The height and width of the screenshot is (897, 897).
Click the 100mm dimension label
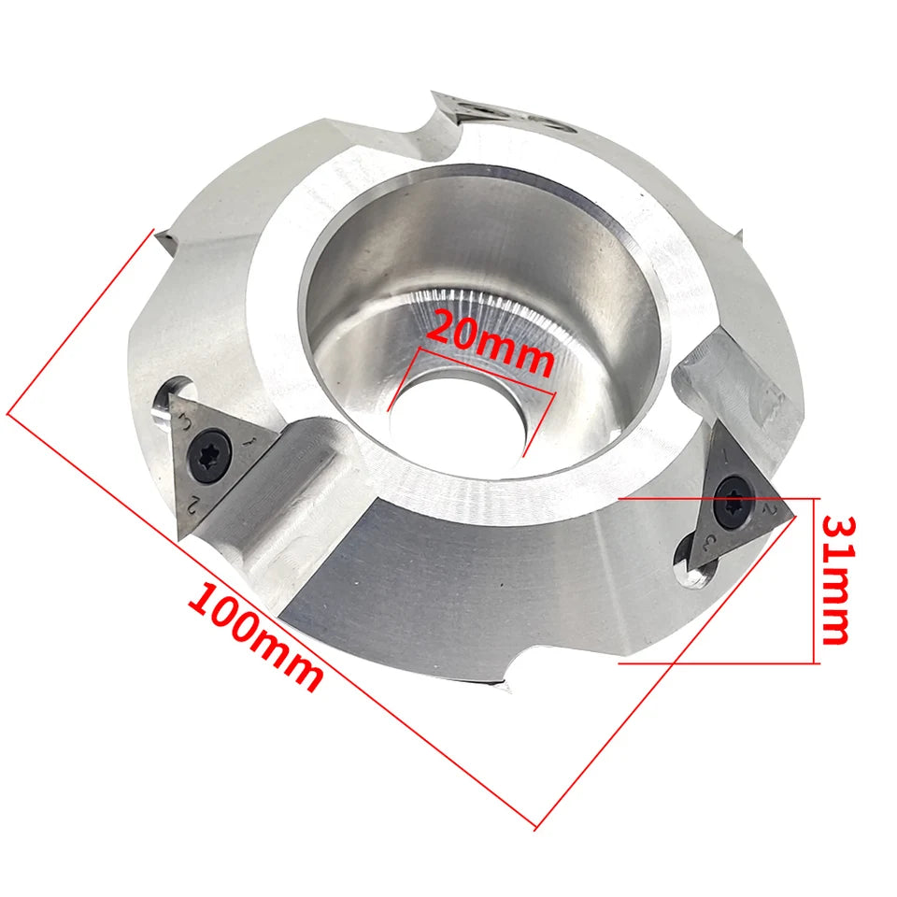tap(254, 636)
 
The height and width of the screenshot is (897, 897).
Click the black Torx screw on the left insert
tap(210, 452)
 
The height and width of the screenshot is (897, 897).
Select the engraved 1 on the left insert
tap(249, 442)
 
